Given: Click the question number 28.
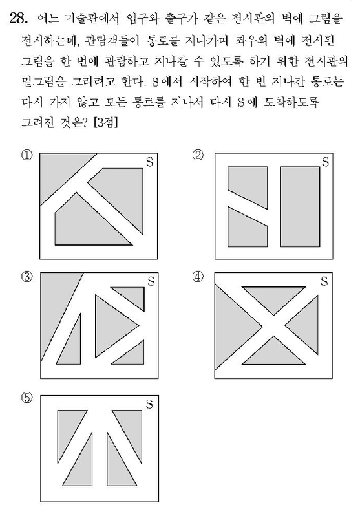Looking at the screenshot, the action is point(18,18).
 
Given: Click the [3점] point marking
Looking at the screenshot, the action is point(105,123).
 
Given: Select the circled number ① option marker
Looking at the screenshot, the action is point(26,155).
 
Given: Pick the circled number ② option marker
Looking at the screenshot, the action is point(198,155).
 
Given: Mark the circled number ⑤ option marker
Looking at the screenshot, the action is point(26,398).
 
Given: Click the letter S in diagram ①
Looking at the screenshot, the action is point(149,162).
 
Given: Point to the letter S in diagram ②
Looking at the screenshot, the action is point(325,162).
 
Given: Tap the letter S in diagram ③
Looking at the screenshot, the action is point(151,282).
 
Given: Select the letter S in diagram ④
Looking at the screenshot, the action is point(324,282).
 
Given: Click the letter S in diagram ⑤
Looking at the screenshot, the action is point(149,403).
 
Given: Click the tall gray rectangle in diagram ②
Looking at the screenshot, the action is point(300,207).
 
